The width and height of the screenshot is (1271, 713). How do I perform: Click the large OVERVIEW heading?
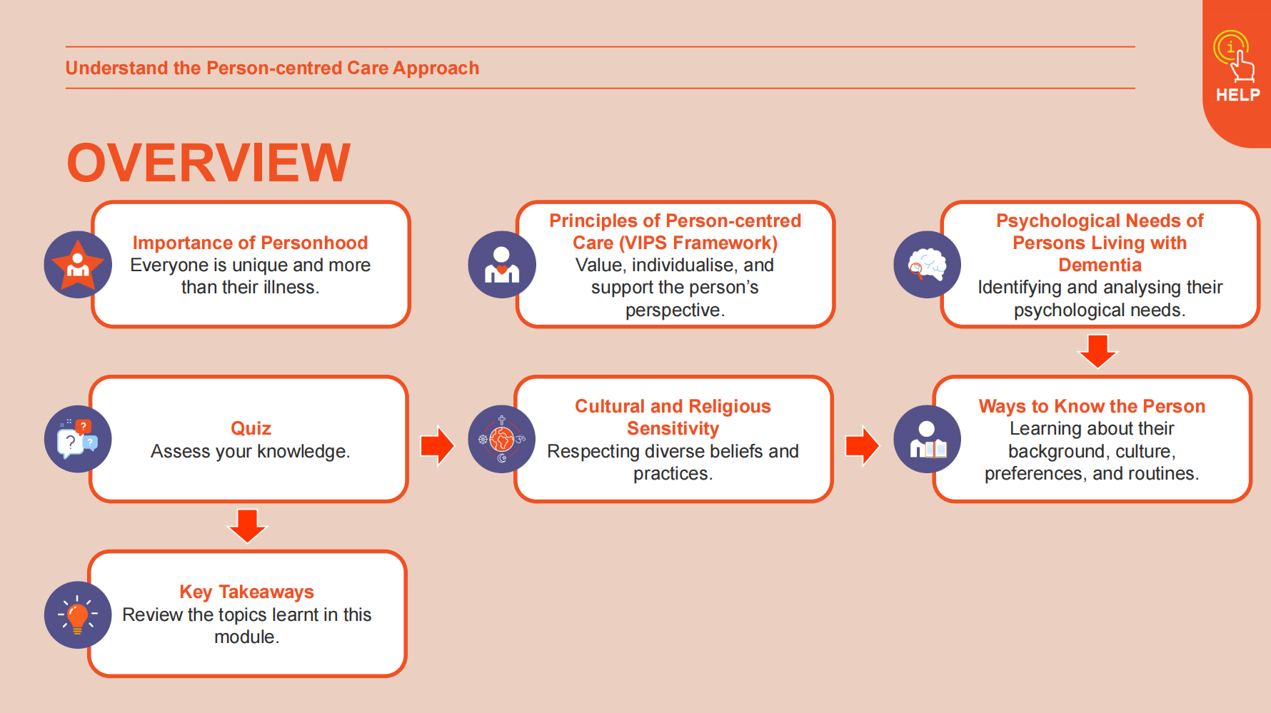point(209,163)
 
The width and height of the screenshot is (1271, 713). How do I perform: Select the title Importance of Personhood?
point(250,243)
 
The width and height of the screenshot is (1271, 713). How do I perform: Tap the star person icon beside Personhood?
point(78,265)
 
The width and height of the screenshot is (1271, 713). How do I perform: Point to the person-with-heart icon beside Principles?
point(502,265)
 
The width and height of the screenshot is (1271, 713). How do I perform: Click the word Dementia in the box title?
point(1100,265)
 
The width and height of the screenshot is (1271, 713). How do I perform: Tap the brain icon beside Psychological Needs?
point(927,265)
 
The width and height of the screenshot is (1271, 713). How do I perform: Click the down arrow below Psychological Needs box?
point(1097,351)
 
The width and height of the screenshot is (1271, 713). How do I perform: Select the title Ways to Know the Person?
point(1092,406)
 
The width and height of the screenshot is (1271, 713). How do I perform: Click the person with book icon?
point(927,439)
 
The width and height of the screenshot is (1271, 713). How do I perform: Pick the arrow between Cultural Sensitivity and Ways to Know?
point(863,446)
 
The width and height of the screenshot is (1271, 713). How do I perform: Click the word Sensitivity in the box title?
point(673,428)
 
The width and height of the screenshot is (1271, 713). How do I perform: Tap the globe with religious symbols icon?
point(502,439)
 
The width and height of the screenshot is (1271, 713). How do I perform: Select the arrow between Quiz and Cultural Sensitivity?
point(438,446)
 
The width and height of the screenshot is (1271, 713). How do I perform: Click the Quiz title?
point(251,428)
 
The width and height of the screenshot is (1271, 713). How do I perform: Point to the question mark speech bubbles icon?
point(78,439)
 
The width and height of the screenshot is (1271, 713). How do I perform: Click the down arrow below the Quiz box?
point(247,526)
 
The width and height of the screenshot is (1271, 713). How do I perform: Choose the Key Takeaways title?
point(246,592)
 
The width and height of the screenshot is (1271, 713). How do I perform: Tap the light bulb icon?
point(78,615)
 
